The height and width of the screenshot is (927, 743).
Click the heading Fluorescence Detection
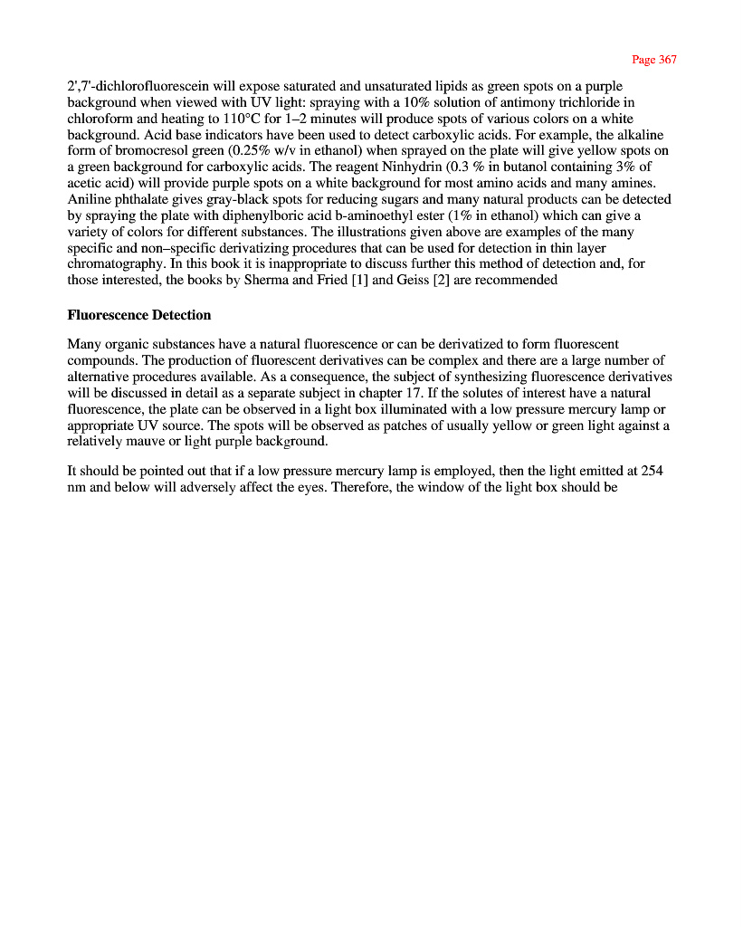coord(139,315)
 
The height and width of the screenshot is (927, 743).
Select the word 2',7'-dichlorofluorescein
coord(127,87)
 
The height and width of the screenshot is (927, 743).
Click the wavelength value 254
coord(653,471)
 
